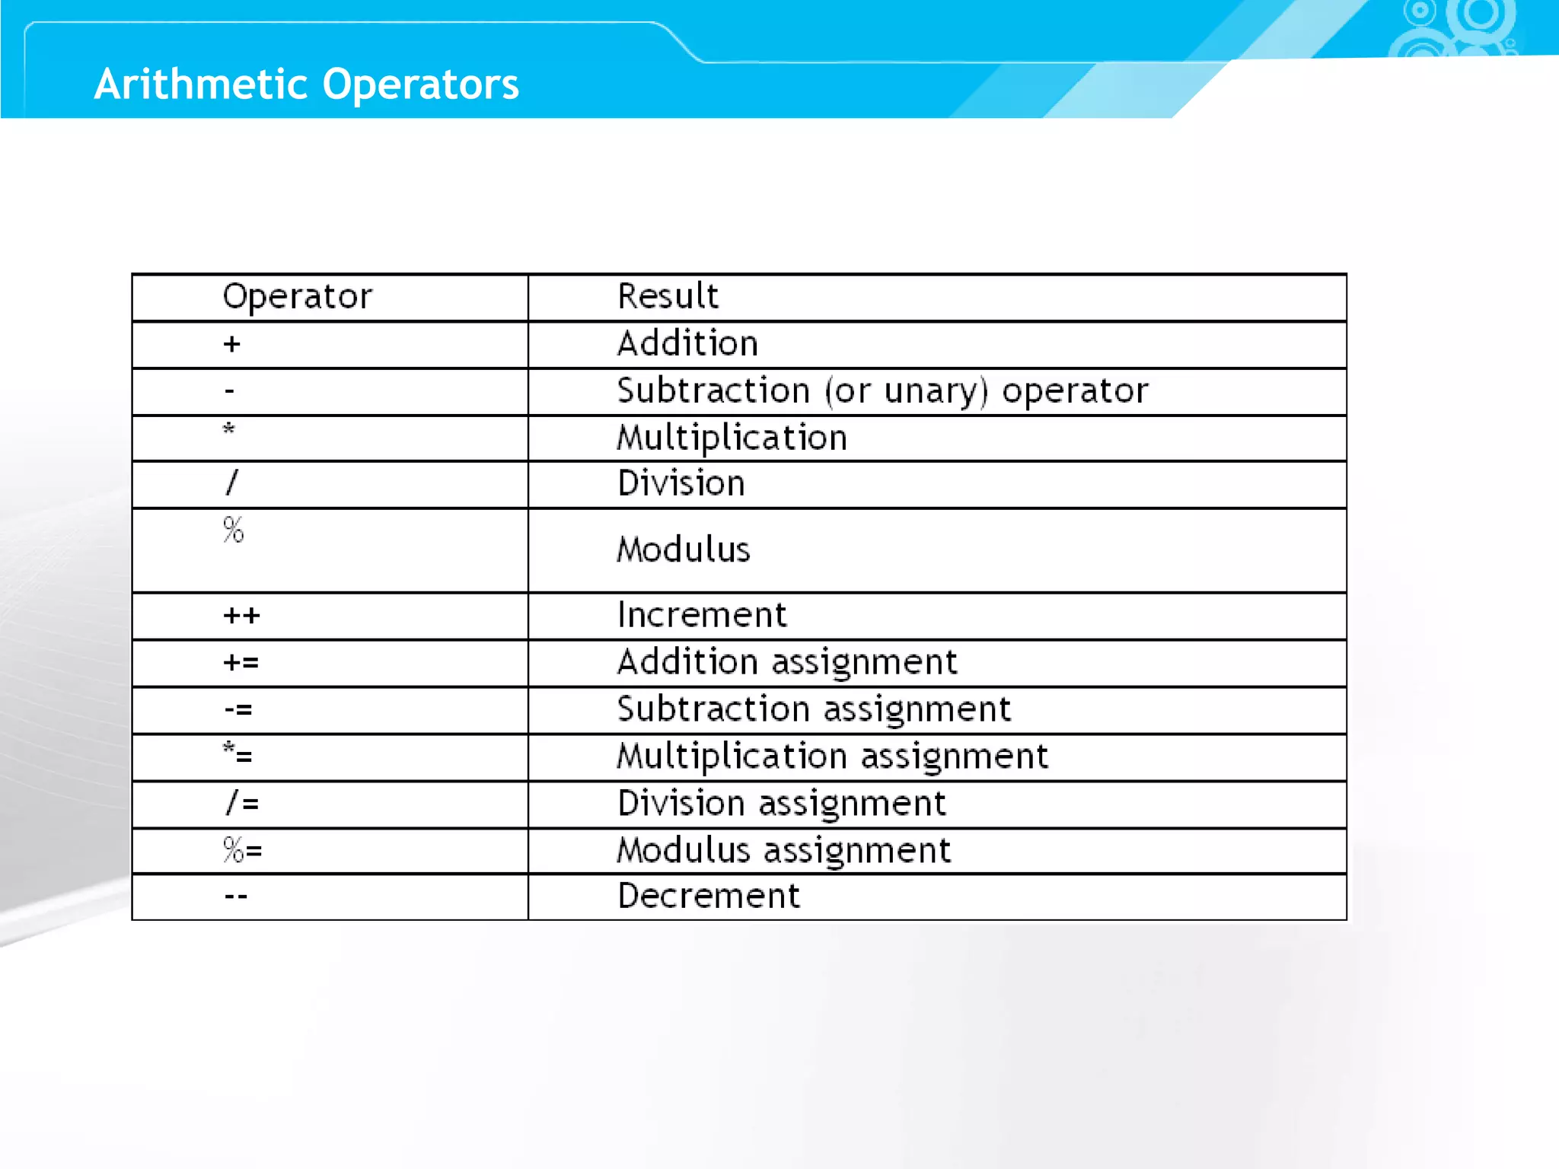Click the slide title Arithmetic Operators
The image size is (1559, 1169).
coord(306,84)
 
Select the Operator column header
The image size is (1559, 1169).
coord(297,297)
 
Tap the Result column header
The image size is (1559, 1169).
coord(668,296)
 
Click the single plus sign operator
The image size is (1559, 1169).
coord(232,344)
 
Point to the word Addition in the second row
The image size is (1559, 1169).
coord(687,344)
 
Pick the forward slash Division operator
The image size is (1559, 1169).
coord(232,483)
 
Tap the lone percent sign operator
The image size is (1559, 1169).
coord(234,530)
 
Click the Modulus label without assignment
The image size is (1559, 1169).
coord(683,549)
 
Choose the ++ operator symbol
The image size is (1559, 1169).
coord(241,615)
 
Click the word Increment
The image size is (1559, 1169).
coord(701,615)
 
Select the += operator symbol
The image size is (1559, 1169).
coord(241,662)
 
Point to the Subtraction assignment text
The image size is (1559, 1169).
coord(813,709)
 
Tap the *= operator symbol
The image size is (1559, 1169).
coord(238,754)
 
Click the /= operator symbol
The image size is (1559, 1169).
coord(242,803)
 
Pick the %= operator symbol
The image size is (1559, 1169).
coord(242,849)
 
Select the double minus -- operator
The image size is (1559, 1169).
coord(236,897)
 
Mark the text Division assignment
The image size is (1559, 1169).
coord(781,804)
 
